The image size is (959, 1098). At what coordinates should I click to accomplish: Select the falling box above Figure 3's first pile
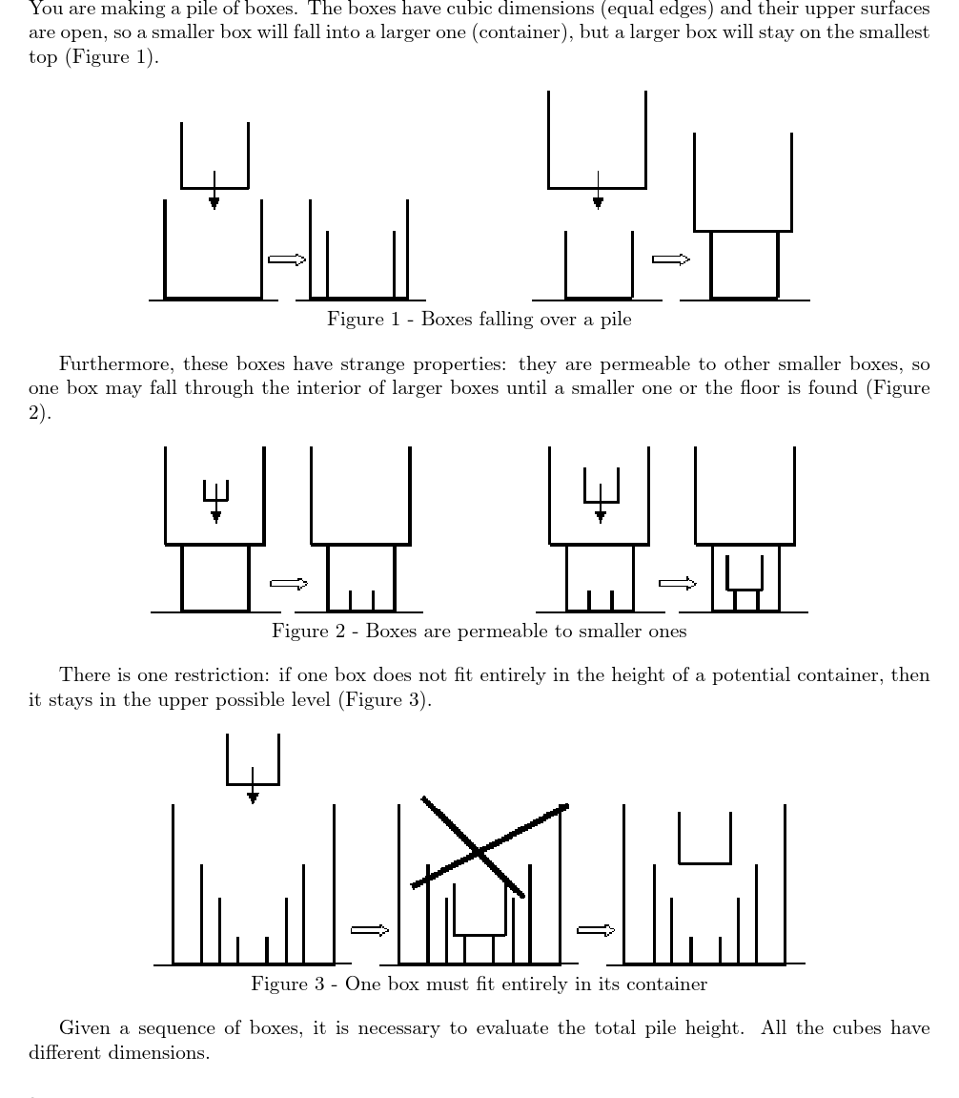(x=253, y=760)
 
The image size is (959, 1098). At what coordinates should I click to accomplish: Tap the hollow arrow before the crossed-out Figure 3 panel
(x=370, y=930)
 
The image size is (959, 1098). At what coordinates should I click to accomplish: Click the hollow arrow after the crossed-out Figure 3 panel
(x=596, y=930)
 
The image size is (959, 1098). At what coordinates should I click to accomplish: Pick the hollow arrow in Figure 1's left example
(x=287, y=259)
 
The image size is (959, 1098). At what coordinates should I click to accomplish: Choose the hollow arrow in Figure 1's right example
(x=670, y=259)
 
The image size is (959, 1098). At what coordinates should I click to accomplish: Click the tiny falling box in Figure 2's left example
(x=216, y=489)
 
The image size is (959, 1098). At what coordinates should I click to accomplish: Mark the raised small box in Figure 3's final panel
(x=704, y=839)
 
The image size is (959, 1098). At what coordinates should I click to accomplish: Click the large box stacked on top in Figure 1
(x=743, y=183)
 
